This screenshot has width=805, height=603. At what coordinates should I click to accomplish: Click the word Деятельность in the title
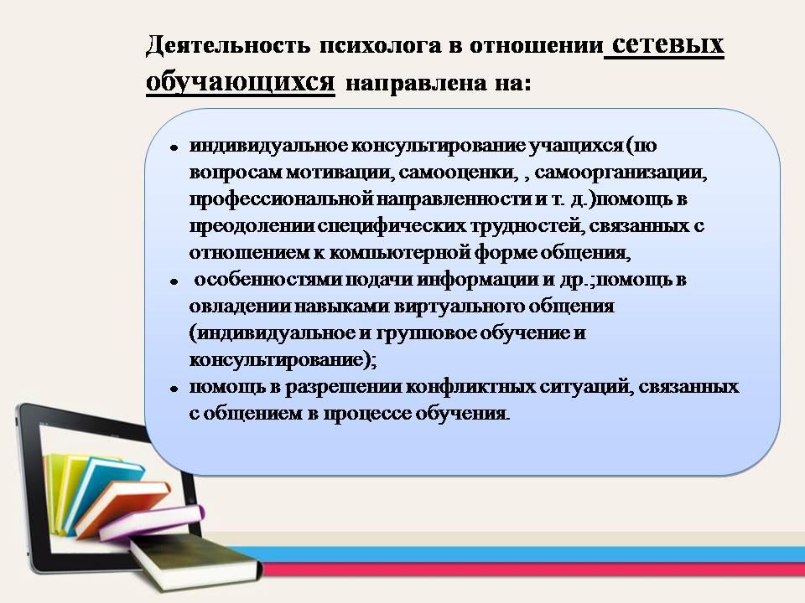pos(228,45)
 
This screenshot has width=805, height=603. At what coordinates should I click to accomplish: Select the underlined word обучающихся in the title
pos(241,82)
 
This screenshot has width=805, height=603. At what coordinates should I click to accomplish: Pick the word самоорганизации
pos(621,173)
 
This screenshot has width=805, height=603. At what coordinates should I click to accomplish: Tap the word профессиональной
pos(282,199)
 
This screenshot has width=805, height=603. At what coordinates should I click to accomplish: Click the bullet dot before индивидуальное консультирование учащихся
pos(174,147)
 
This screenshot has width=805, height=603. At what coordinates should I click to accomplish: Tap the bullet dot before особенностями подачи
pos(174,281)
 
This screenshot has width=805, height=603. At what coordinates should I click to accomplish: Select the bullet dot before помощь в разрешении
pos(174,389)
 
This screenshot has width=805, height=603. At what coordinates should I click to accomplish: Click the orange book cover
pos(122,506)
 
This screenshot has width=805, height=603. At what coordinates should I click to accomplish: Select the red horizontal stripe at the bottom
pos(534,569)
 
